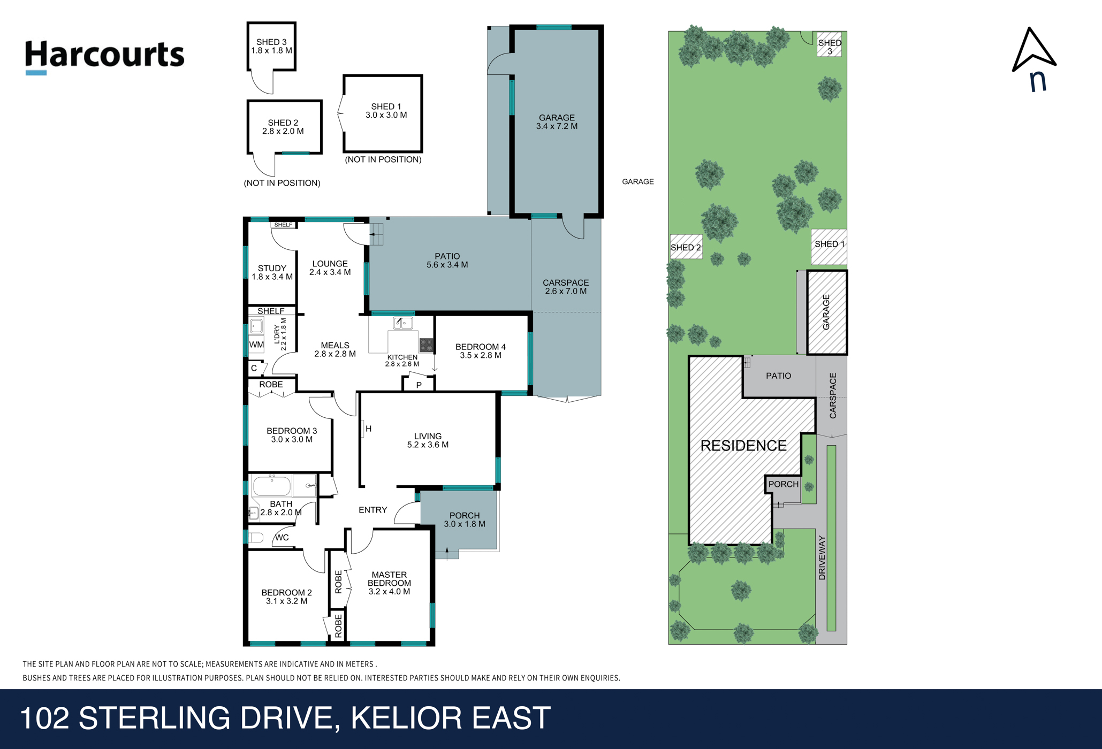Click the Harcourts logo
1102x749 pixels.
(104, 57)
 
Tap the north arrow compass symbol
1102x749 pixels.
(1034, 59)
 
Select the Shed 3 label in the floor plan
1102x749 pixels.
(271, 46)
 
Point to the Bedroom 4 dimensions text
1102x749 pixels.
(481, 355)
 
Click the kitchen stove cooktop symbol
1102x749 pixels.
(426, 345)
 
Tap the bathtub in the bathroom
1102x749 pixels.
(272, 486)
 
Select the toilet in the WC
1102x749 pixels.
(256, 538)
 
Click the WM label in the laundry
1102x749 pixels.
(256, 345)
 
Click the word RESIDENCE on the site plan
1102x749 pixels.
(743, 446)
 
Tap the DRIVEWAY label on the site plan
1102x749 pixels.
(822, 557)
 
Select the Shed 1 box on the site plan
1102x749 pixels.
(829, 247)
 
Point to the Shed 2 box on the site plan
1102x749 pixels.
(686, 247)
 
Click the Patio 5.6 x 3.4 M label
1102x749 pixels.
(447, 261)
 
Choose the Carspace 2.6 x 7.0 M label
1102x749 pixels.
(566, 287)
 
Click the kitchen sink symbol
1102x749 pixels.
(403, 323)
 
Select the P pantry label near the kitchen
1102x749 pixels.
(419, 385)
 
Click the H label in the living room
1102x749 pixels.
(369, 429)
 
